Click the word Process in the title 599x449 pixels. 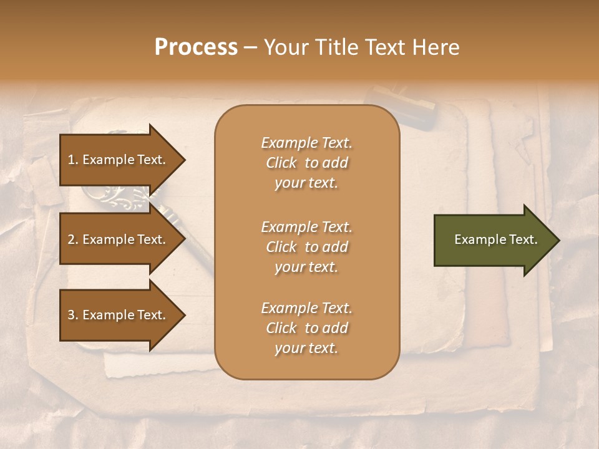coord(196,47)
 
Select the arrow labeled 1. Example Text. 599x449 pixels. coord(119,160)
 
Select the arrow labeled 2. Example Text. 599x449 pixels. coord(119,239)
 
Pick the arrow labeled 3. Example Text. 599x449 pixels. coord(119,315)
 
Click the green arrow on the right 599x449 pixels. coord(493,240)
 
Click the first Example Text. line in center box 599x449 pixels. coord(306,143)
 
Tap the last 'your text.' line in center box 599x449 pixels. coord(306,349)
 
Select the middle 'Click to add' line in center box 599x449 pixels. coord(306,247)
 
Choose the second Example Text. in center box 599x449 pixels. coord(306,226)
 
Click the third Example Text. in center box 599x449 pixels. coord(306,308)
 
